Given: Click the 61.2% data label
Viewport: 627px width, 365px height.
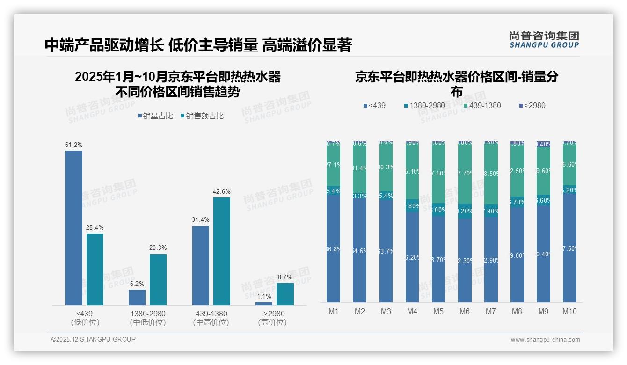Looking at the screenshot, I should pyautogui.click(x=73, y=145).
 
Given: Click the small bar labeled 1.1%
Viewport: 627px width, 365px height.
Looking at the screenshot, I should pyautogui.click(x=264, y=304).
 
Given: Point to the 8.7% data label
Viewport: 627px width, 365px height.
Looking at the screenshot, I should pyautogui.click(x=285, y=277).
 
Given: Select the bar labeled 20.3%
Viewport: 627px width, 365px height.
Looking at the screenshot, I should pyautogui.click(x=158, y=279).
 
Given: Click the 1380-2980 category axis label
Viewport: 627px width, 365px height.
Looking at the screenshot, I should pyautogui.click(x=148, y=314).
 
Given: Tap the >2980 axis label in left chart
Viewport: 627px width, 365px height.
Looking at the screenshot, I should pyautogui.click(x=274, y=314).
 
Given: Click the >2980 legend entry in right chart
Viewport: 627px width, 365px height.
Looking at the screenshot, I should pyautogui.click(x=532, y=106).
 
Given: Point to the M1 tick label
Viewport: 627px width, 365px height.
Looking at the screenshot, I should pyautogui.click(x=333, y=312).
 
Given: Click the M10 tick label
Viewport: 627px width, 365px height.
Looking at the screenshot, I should pyautogui.click(x=569, y=312).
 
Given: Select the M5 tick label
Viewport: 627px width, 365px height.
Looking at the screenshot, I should pyautogui.click(x=438, y=312).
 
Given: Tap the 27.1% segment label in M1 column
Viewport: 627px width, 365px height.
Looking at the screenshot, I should pyautogui.click(x=333, y=165).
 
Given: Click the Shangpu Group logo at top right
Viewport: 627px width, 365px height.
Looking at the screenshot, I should pyautogui.click(x=544, y=40).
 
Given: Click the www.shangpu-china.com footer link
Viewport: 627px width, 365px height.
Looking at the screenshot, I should pyautogui.click(x=545, y=340).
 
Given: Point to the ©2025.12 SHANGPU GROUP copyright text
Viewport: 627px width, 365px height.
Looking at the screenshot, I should pyautogui.click(x=94, y=339).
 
